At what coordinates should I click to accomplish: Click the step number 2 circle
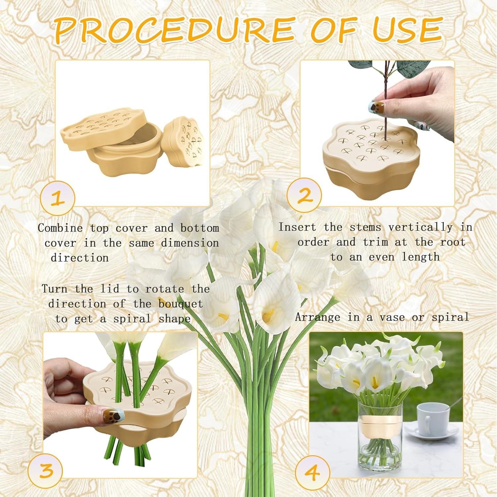304,195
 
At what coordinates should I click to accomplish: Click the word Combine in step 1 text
60,228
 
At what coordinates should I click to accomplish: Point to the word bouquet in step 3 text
181,304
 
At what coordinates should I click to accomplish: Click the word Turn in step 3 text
55,289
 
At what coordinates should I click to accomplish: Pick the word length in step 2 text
421,257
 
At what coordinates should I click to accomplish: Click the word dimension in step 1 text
190,243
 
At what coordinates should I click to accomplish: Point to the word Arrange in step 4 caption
317,317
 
